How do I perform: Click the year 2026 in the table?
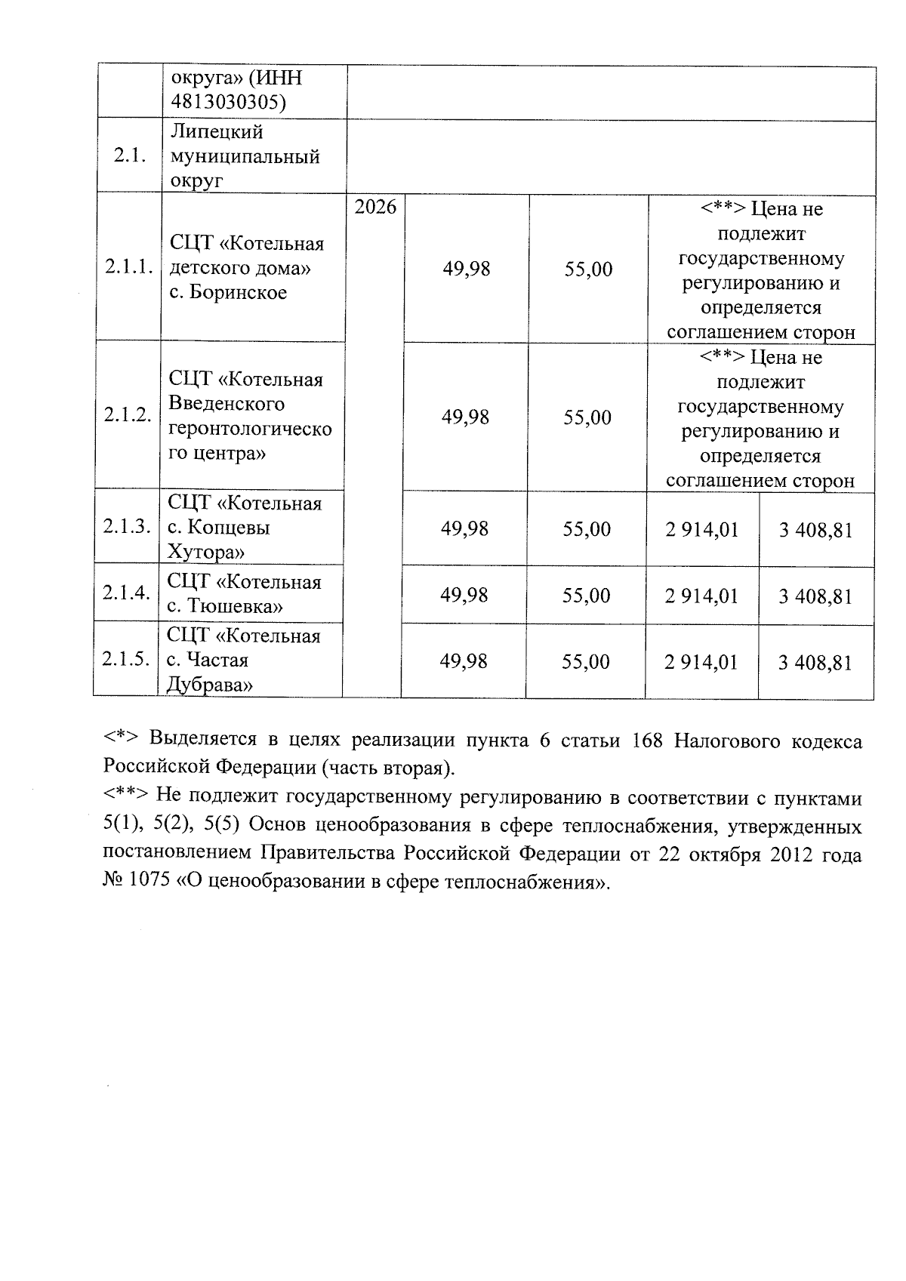coord(375,207)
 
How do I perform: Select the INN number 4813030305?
coord(229,102)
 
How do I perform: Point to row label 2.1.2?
coord(128,416)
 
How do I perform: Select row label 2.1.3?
coord(127,527)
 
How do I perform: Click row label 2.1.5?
coord(126,660)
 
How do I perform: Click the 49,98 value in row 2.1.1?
coord(466,269)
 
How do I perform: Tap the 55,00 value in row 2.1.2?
coord(587,417)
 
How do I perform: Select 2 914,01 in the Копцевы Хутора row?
coord(701,529)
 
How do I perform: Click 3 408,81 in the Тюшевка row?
coord(815,596)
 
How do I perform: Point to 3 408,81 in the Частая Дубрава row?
coord(815,663)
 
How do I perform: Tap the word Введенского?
coord(226,404)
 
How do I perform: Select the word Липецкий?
coord(217,132)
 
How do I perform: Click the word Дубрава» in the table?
coord(209,685)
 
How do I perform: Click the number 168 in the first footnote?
coord(646,741)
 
